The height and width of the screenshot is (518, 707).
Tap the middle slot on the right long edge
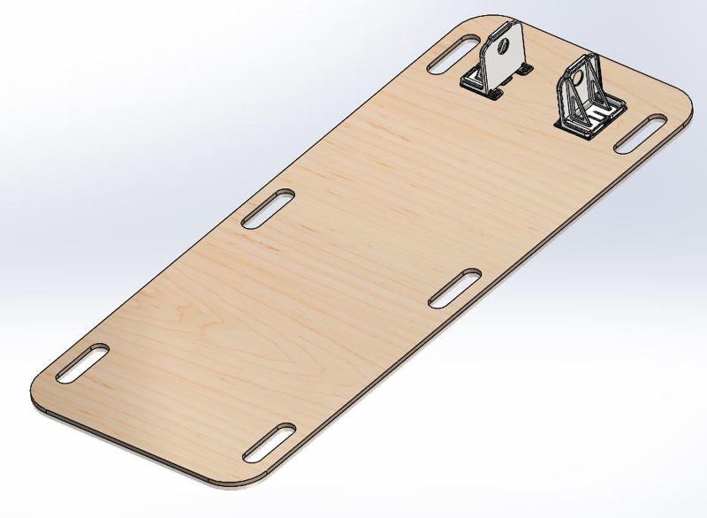(454, 289)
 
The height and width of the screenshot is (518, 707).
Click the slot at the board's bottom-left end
(80, 363)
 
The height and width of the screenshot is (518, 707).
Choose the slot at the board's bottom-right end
(269, 442)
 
